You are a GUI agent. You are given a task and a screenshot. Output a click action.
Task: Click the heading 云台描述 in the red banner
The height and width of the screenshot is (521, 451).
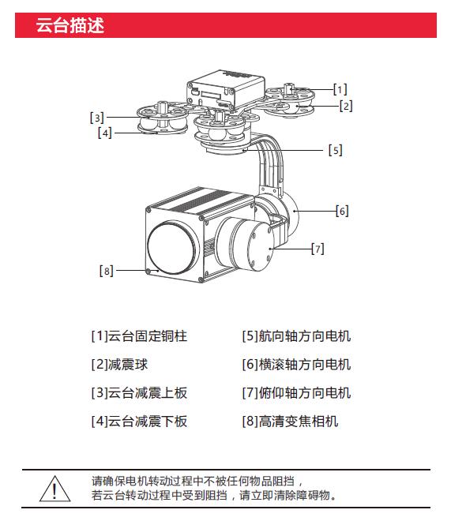(70, 25)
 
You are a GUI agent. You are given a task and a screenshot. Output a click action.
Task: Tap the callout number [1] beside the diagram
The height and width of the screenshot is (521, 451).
(340, 89)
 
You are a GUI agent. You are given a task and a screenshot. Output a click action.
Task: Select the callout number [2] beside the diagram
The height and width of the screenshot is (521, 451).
(346, 107)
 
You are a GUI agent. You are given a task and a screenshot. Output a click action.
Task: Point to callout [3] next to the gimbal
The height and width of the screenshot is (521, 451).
(97, 118)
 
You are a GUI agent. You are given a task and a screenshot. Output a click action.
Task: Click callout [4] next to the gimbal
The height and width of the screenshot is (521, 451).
(105, 133)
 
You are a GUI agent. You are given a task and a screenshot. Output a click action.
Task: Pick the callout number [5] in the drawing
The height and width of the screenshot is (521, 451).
(336, 150)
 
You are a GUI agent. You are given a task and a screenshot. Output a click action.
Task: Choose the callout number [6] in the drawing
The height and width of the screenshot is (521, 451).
(342, 211)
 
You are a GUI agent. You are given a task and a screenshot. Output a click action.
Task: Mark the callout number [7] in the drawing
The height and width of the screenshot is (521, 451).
(318, 249)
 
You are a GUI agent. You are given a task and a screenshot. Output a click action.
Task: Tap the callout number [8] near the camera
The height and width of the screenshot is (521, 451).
(107, 271)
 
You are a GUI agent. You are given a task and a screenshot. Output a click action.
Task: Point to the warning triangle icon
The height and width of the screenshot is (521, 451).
(54, 488)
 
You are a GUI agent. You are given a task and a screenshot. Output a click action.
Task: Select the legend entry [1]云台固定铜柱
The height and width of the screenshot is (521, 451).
(139, 336)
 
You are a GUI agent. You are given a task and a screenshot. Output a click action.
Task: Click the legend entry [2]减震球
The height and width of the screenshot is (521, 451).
(119, 365)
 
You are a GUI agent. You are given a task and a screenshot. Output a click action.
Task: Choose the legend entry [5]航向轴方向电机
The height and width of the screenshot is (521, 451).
(296, 336)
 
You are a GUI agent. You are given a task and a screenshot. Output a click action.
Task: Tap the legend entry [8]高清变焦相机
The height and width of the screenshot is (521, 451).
(290, 422)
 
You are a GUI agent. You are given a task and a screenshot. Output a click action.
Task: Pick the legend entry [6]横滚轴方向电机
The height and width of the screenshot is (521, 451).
(296, 365)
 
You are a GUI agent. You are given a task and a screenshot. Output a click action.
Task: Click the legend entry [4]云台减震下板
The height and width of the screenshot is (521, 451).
(139, 422)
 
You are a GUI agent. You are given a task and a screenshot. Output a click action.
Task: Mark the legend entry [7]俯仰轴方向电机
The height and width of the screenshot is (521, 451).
(296, 393)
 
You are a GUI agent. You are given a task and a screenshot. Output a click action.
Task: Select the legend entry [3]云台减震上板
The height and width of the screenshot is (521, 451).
(139, 393)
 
